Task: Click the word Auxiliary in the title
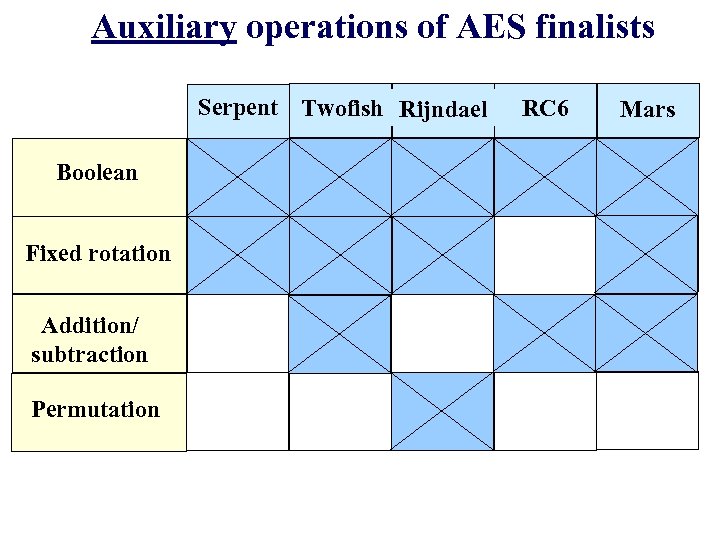click(x=163, y=27)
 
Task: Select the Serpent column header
click(x=238, y=108)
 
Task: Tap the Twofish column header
click(x=342, y=108)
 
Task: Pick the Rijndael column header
click(x=443, y=109)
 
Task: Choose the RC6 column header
click(x=545, y=108)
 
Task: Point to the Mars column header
click(x=647, y=109)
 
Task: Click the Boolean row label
click(x=97, y=173)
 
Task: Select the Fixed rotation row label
click(x=98, y=253)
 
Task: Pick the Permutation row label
click(x=95, y=410)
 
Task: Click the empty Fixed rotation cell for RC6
click(x=545, y=254)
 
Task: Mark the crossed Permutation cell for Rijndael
click(x=442, y=411)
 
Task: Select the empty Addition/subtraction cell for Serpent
click(x=238, y=333)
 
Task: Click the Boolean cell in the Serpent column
click(x=238, y=176)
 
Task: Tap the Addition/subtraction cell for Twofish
click(x=340, y=333)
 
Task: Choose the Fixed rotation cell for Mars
click(x=647, y=254)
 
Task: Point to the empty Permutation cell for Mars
click(x=647, y=411)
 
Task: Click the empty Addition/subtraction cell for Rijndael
click(x=442, y=333)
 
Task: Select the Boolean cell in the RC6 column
click(x=545, y=176)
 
